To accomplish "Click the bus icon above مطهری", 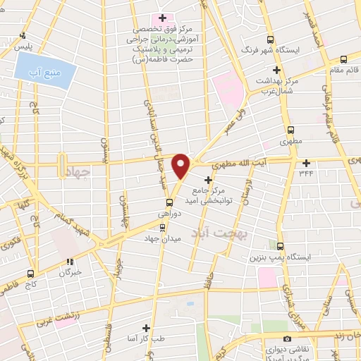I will (x=290, y=130).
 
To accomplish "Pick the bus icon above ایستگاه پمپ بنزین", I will (x=281, y=246).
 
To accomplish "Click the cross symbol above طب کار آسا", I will (x=146, y=328).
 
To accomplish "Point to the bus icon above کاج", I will (x=30, y=273).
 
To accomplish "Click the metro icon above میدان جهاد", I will (x=163, y=227).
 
